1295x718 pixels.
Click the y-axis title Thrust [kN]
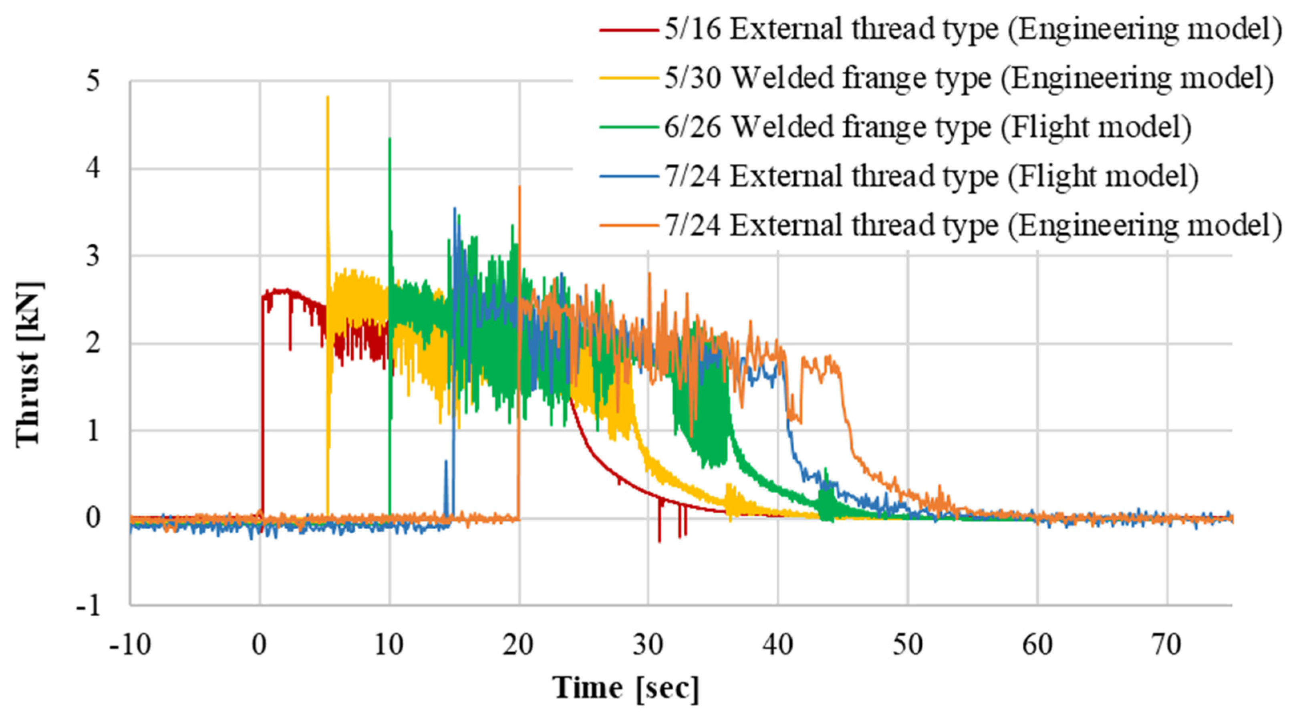29,363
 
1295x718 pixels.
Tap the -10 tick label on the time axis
130,645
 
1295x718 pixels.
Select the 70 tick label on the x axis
1167,645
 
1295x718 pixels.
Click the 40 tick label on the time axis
778,645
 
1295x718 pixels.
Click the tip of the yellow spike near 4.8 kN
328,97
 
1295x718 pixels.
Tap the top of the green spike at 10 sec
390,139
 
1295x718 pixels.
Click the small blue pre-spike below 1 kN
445,461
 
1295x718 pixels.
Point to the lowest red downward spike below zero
659,541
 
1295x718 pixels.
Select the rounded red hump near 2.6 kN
284,290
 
